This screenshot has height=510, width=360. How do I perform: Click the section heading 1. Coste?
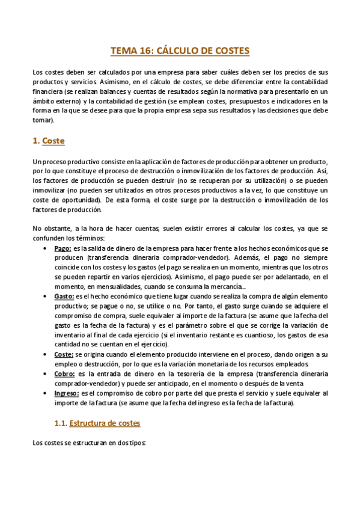[x=48, y=141]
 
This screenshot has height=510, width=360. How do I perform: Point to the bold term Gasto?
[x=64, y=296]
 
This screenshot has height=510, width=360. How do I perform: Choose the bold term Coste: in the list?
[x=64, y=355]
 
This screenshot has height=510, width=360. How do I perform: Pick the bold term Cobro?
[x=65, y=375]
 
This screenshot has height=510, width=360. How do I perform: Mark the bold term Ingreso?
[x=67, y=394]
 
